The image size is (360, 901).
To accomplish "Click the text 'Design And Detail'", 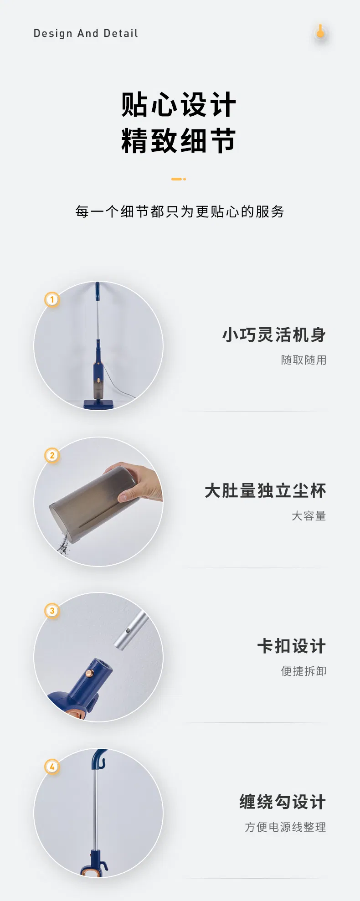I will (x=86, y=33).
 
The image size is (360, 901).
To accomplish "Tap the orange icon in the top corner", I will (x=320, y=32).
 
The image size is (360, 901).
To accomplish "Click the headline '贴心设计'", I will (x=179, y=105).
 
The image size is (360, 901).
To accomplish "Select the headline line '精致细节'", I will (x=179, y=140).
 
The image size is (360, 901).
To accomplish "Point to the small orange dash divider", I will (x=178, y=179).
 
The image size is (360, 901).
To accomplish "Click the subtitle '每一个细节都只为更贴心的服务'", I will (x=180, y=211).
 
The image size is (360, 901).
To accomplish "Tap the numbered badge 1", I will (x=52, y=299).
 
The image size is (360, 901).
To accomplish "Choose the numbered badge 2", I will (x=52, y=455).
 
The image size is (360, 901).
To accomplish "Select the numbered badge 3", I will (x=52, y=611).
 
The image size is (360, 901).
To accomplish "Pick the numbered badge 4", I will (x=52, y=767).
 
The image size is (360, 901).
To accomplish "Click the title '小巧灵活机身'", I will (x=274, y=335).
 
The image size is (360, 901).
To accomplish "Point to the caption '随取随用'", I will (x=303, y=360).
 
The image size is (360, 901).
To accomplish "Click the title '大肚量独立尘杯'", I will (x=265, y=491).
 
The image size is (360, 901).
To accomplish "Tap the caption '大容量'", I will (x=309, y=516).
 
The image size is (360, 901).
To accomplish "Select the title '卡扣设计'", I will (x=292, y=646).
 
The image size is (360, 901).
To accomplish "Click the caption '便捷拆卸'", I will (x=303, y=671).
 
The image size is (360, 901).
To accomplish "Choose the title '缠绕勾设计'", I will (x=283, y=802).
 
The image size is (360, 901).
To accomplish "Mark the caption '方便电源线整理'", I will (x=285, y=827).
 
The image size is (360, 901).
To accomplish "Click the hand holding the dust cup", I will (x=139, y=483).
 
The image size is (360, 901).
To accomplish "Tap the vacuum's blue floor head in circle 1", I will (x=98, y=404).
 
